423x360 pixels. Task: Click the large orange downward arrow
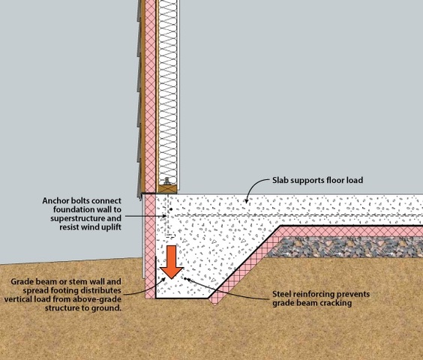[x=172, y=262]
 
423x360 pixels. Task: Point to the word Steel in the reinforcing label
[x=281, y=294]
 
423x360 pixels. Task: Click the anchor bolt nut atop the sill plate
[x=166, y=181]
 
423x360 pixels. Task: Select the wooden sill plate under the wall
[x=167, y=189]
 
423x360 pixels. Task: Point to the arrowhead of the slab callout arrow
[x=246, y=201]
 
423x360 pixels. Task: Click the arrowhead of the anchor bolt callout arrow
[x=164, y=216]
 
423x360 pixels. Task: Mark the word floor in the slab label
[x=334, y=180]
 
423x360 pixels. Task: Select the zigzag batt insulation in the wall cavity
[x=167, y=91]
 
